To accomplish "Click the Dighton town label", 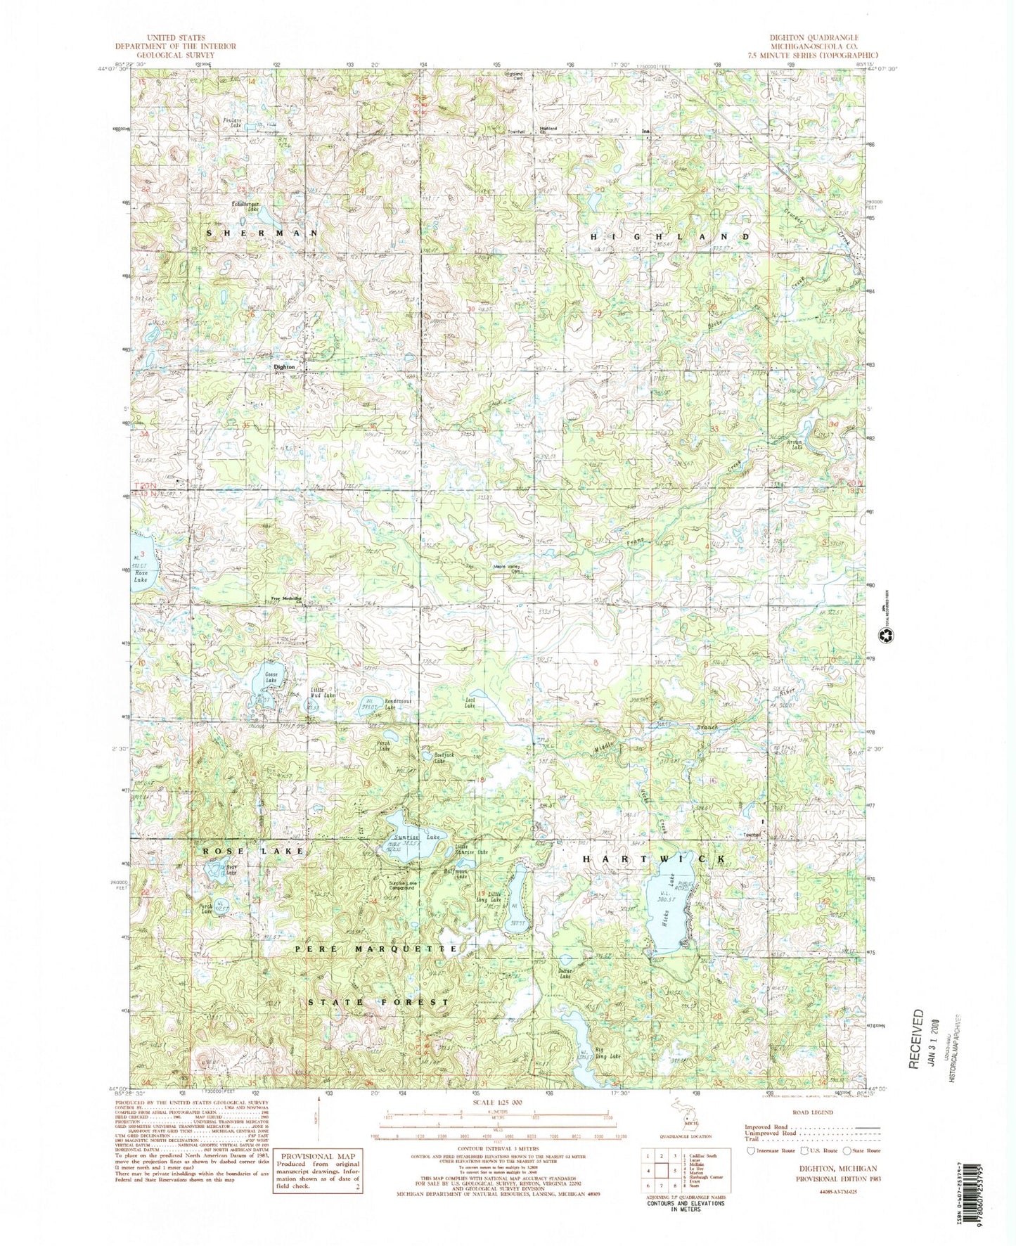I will pyautogui.click(x=284, y=367).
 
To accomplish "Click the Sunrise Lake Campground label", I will pyautogui.click(x=399, y=885).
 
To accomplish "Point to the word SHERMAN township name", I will pyautogui.click(x=262, y=233).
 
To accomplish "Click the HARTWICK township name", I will pyautogui.click(x=653, y=860).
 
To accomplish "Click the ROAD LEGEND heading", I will pyautogui.click(x=812, y=1112).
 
